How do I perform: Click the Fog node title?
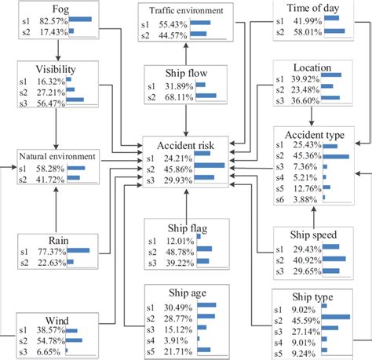pyautogui.click(x=60, y=9)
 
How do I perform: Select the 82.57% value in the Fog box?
pyautogui.click(x=53, y=21)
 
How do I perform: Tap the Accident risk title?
pyautogui.click(x=185, y=145)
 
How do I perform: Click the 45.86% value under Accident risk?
pyautogui.click(x=178, y=169)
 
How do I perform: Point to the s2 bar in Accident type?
pyautogui.click(x=336, y=156)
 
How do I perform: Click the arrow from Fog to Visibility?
pyautogui.click(x=58, y=50)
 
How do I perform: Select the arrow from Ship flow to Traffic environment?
pyautogui.click(x=186, y=54)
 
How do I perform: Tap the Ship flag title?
pyautogui.click(x=188, y=228)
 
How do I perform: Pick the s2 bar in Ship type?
pyautogui.click(x=336, y=317)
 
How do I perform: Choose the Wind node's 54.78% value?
pyautogui.click(x=51, y=341)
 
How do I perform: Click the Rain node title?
pyautogui.click(x=59, y=241)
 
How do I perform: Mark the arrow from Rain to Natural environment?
pyautogui.click(x=56, y=209)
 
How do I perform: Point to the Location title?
pyautogui.click(x=312, y=67)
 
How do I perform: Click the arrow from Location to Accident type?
pyautogui.click(x=312, y=116)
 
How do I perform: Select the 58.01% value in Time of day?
pyautogui.click(x=308, y=32)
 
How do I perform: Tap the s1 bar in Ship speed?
pyautogui.click(x=331, y=246)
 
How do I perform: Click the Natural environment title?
pyautogui.click(x=57, y=156)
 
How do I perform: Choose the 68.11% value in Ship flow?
pyautogui.click(x=179, y=97)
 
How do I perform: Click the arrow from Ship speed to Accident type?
pyautogui.click(x=314, y=216)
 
